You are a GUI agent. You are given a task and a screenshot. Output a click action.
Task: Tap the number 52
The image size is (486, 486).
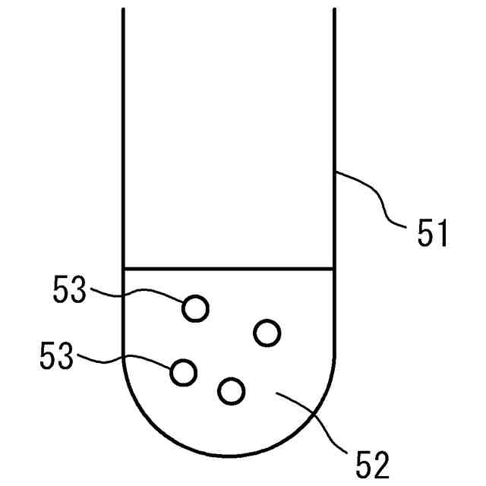tap(370, 462)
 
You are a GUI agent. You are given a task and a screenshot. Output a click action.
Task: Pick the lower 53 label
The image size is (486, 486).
tap(58, 356)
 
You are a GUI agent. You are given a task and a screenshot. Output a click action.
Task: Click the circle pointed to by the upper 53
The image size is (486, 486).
tap(195, 308)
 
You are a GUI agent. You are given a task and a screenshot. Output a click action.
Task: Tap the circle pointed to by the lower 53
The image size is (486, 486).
tap(184, 372)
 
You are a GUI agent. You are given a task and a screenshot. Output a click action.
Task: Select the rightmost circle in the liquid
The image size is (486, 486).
tap(267, 332)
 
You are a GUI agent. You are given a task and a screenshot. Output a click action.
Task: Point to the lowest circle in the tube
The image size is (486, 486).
tap(232, 391)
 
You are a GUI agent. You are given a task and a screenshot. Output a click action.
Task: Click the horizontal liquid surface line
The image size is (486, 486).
tap(228, 268)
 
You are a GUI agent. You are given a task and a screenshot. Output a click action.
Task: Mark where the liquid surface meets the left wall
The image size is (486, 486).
tap(123, 268)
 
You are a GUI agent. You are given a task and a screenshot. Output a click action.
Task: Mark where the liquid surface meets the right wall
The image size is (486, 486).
tap(334, 268)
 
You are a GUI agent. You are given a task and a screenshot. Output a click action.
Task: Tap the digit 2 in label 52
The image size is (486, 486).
tap(380, 462)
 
